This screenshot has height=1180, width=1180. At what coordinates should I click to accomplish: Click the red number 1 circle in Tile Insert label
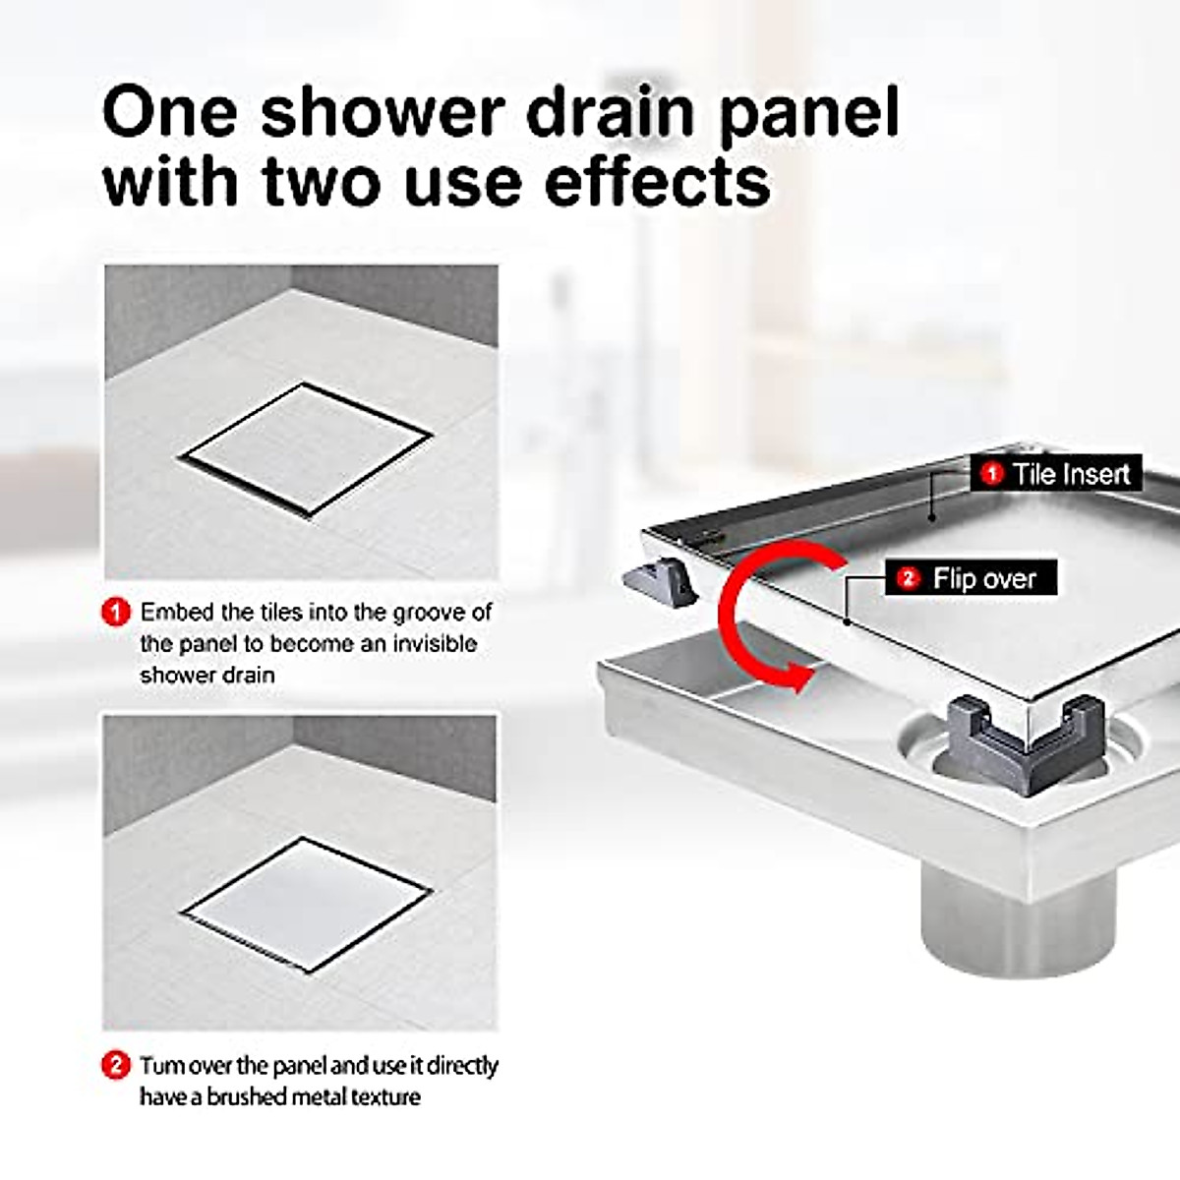click(x=992, y=474)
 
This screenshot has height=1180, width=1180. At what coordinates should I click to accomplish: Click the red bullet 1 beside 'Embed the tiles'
click(x=116, y=613)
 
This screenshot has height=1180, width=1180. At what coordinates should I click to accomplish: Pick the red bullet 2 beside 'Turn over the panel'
click(x=116, y=1065)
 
